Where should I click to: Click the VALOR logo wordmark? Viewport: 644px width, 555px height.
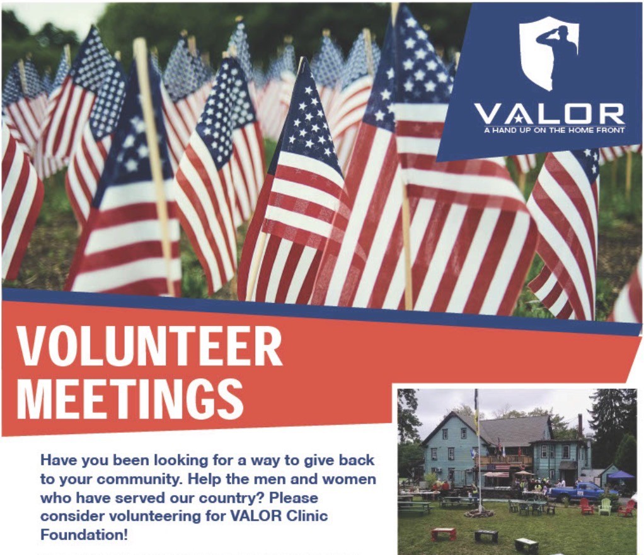(x=548, y=115)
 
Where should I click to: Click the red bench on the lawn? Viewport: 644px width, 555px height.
(x=443, y=533)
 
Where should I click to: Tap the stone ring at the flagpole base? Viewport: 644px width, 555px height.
(x=478, y=513)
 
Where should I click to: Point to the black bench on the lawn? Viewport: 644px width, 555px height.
(x=486, y=536)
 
